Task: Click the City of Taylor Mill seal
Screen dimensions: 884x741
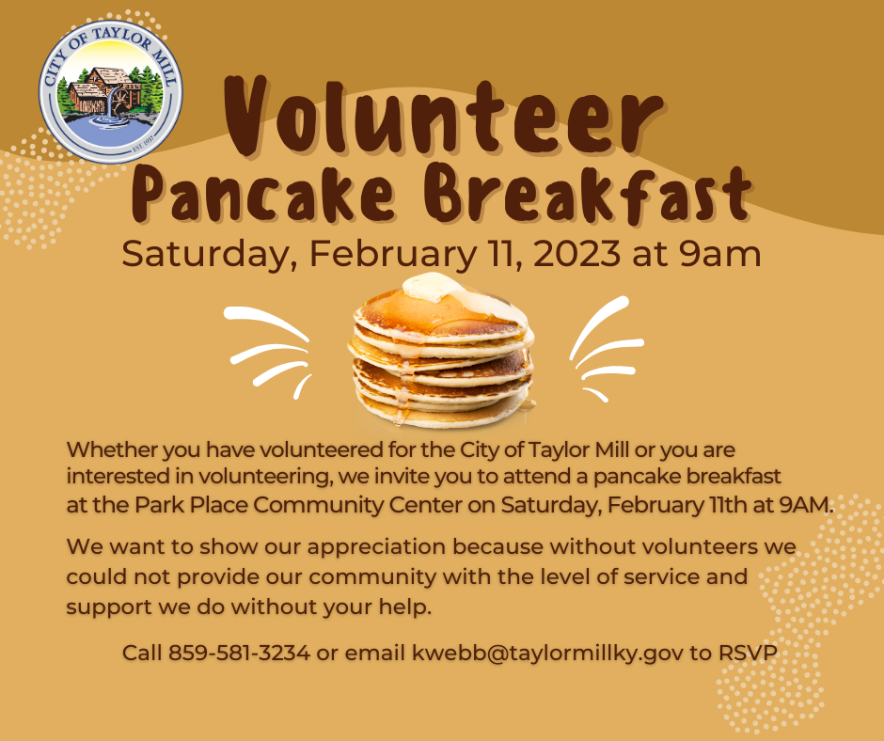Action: tap(111, 92)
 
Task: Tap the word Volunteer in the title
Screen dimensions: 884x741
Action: tap(444, 116)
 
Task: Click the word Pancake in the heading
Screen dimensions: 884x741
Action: tap(262, 193)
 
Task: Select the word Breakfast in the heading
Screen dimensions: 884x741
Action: tap(588, 193)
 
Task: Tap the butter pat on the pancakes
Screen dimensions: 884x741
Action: tap(433, 287)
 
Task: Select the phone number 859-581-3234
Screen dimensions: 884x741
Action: tap(239, 653)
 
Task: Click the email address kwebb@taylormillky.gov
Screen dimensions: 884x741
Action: tap(547, 653)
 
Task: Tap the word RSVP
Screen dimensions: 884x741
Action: tap(748, 653)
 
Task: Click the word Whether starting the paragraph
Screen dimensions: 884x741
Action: tap(112, 450)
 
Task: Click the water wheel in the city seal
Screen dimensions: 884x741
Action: tap(120, 101)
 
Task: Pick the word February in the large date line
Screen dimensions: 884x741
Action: tap(393, 254)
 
